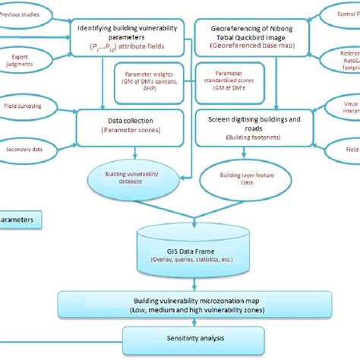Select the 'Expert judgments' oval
(x=21, y=60)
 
